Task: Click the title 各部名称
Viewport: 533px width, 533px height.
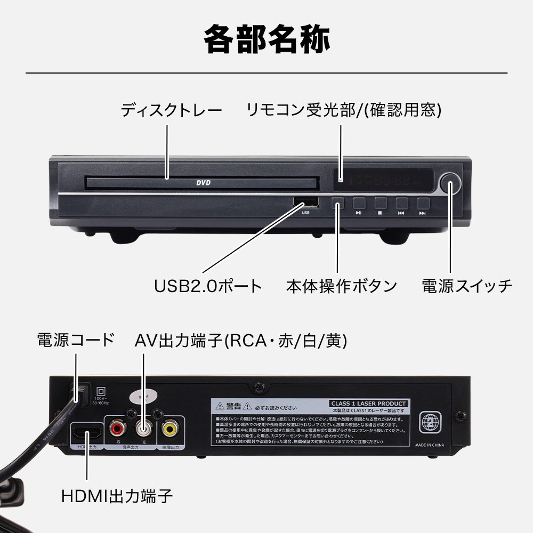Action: [266, 39]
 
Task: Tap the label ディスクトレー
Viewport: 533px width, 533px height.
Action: [171, 111]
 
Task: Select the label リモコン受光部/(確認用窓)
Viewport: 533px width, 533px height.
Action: [344, 111]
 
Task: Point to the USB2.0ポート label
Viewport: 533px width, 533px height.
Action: [208, 286]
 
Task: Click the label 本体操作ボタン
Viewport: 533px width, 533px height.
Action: [342, 286]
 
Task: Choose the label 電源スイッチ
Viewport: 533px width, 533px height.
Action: [467, 286]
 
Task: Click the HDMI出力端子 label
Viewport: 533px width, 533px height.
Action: [117, 496]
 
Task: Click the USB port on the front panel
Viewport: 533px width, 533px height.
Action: [306, 203]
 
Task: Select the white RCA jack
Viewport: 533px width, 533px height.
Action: [143, 428]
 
